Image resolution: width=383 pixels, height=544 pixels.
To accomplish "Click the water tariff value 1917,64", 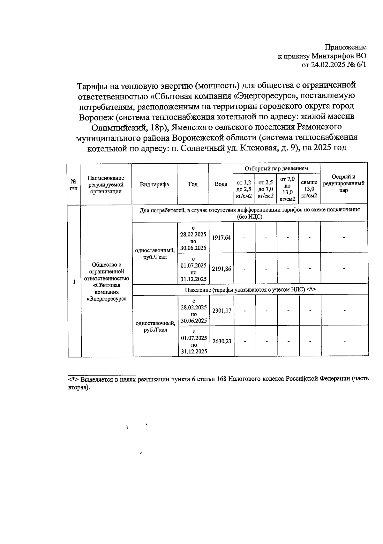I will tap(221, 238).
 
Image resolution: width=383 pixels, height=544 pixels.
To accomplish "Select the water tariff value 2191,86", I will tap(221, 269).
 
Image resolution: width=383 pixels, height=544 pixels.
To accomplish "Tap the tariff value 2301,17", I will tap(222, 310).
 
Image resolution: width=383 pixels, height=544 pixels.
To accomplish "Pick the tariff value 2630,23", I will tap(222, 341).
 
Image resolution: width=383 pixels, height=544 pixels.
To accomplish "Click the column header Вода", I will tap(221, 184).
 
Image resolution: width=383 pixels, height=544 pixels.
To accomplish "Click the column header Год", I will tap(193, 184).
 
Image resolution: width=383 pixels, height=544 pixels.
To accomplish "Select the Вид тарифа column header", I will tap(154, 184).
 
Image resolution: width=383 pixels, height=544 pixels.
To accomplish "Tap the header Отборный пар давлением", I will tap(276, 168).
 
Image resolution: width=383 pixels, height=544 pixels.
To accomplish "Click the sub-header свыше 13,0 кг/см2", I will tap(309, 189).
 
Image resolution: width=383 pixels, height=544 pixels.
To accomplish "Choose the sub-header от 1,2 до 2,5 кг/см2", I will tap(244, 189).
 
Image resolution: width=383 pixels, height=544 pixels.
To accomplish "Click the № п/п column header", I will tap(73, 184).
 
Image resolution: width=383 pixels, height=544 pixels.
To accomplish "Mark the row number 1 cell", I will tap(74, 282).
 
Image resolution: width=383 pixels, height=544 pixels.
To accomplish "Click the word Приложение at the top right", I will tap(345, 47).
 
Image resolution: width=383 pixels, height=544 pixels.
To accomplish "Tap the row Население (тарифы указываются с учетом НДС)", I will tap(250, 290).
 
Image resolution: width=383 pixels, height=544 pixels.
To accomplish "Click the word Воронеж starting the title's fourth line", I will tap(96, 117).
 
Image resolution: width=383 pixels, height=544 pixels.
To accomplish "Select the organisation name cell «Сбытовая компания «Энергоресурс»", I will tap(107, 282).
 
